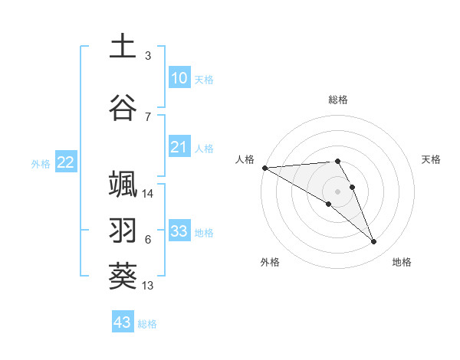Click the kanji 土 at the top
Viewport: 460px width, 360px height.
[x=123, y=46]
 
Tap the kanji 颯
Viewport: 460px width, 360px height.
[x=123, y=185]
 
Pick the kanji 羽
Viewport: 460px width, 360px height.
[x=123, y=230]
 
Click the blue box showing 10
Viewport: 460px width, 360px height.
[x=179, y=78]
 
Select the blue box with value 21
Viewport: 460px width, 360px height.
[x=179, y=148]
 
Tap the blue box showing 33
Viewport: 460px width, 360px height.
[x=179, y=231]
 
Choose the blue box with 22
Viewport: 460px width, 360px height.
[x=66, y=162]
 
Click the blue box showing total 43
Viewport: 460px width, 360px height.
[x=123, y=322]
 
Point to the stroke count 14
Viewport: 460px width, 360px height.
[x=148, y=194]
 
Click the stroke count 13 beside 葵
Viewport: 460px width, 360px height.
[x=148, y=286]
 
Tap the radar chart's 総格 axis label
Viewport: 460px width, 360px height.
[x=338, y=100]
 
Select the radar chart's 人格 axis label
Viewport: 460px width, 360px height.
[x=245, y=159]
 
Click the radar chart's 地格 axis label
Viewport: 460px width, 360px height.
[x=402, y=262]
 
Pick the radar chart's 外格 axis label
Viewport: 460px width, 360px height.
[x=270, y=262]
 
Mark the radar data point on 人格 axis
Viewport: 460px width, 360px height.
[x=264, y=168]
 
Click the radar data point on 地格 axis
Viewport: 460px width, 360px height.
[x=374, y=242]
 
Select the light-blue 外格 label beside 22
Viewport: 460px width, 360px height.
[x=41, y=163]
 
